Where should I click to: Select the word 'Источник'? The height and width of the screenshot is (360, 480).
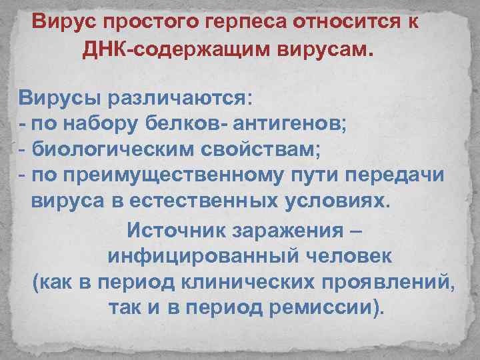(175, 231)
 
